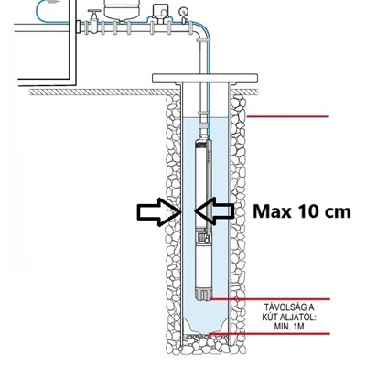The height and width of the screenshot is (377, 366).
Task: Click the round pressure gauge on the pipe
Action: tap(183, 11)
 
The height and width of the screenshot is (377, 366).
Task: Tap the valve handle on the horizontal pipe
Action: tap(94, 11)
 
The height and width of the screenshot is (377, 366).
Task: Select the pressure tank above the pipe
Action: tap(122, 10)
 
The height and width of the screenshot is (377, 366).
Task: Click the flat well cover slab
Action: tap(205, 78)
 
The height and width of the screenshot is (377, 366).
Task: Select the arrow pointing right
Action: tap(158, 211)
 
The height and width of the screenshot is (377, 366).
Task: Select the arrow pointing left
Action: tap(215, 211)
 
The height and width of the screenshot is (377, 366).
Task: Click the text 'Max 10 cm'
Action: tap(302, 211)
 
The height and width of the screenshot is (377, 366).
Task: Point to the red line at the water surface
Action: tap(287, 116)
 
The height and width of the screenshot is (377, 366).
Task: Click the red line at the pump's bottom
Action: tap(270, 299)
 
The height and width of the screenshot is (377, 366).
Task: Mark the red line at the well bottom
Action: tap(269, 334)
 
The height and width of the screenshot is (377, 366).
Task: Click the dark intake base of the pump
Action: tap(203, 295)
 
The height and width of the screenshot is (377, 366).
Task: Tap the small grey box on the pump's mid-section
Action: tap(202, 237)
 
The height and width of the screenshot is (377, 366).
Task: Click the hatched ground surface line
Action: tap(103, 92)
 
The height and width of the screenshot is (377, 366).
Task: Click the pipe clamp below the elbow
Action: tap(202, 40)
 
